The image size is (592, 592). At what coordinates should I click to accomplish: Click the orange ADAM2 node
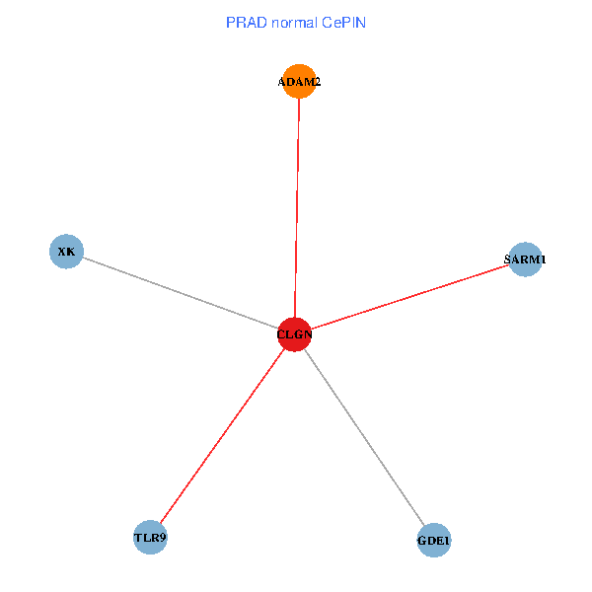coord(299,81)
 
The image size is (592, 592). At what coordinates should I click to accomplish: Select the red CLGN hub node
coord(295,334)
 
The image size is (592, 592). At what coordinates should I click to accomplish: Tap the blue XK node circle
coord(66,251)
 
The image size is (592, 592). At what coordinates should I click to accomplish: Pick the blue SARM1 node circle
coord(525,259)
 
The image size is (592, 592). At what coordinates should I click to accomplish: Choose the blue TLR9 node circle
coord(150,538)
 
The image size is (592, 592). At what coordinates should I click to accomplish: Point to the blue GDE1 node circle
coord(434,541)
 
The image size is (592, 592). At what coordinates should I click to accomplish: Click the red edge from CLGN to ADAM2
coord(297,207)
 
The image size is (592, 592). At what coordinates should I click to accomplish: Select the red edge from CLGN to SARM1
coord(409,297)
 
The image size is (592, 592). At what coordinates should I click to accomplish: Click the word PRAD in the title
coord(246,22)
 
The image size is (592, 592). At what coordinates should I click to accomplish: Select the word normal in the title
coord(293,22)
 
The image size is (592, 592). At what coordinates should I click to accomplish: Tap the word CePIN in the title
coord(342,22)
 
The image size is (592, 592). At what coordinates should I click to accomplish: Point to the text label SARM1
coord(525,259)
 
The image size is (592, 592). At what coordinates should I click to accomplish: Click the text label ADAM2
coord(299,82)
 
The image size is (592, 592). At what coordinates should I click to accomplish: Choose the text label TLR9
coord(150,538)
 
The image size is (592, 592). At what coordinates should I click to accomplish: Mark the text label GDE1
coord(434,541)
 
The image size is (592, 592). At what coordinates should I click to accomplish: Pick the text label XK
coord(66,252)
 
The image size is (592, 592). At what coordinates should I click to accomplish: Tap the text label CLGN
coord(295,334)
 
